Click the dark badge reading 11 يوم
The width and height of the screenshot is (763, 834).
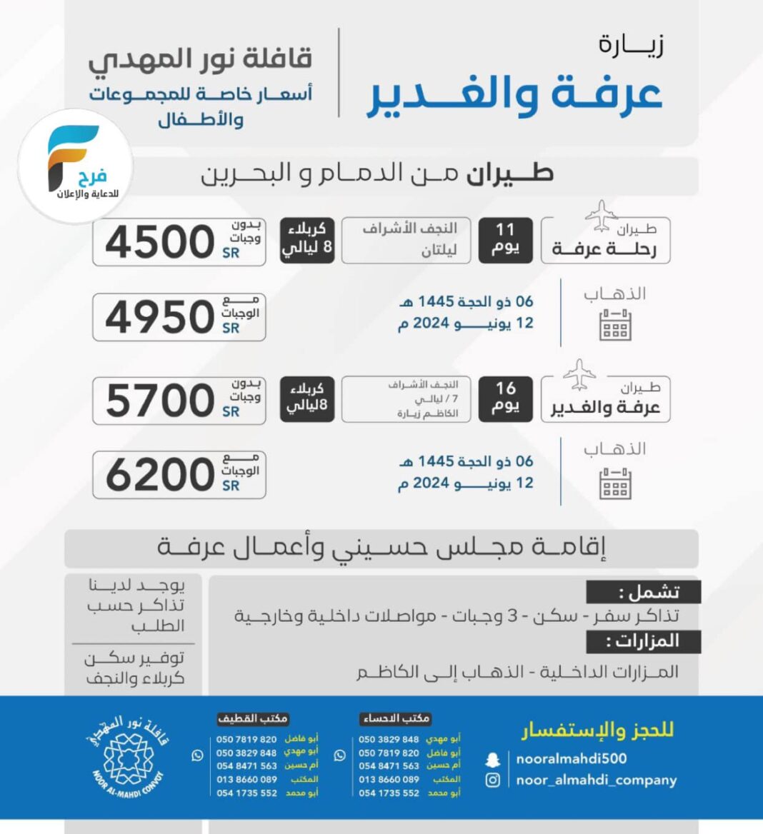tap(505, 240)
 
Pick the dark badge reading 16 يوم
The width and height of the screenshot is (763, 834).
tap(505, 398)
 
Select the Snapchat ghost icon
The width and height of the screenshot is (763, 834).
tap(493, 760)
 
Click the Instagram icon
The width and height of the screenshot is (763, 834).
tap(493, 780)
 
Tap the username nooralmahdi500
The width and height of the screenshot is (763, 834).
tap(572, 759)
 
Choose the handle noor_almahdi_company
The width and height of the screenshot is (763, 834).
tap(597, 780)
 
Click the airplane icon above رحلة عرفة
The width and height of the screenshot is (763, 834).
tap(601, 214)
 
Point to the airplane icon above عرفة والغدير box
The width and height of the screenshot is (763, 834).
tap(579, 373)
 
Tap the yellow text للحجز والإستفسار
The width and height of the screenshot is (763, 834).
tap(597, 730)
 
